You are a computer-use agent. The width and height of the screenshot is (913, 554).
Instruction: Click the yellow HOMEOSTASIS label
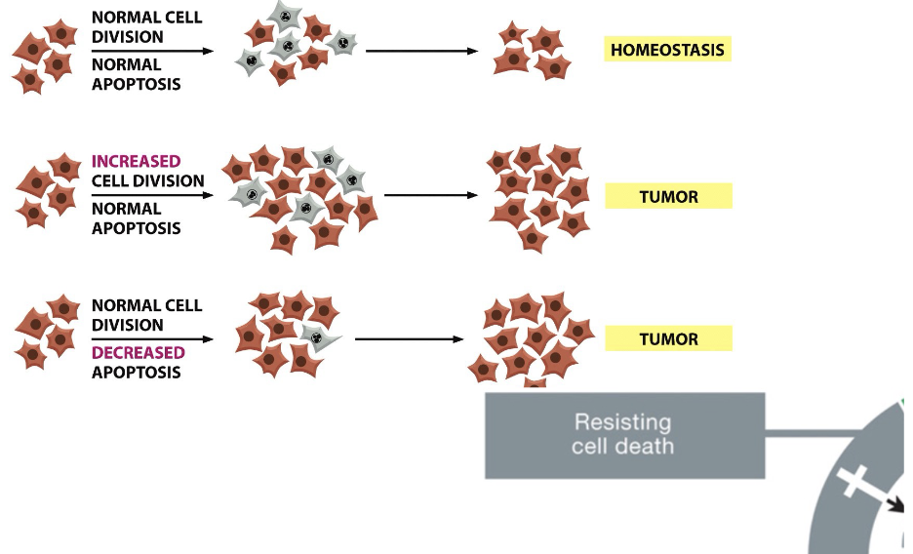pos(667,50)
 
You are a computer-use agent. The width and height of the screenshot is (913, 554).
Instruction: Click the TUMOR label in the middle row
pos(668,196)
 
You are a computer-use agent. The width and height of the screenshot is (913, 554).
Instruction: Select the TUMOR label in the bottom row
pos(668,338)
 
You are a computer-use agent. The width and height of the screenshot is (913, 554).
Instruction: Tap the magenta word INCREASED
pos(137,161)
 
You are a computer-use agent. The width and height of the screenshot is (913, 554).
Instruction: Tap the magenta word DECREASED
pos(139,353)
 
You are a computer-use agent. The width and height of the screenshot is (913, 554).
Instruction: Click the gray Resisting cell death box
pos(625,435)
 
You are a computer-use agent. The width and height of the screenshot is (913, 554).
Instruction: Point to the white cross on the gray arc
pos(852,481)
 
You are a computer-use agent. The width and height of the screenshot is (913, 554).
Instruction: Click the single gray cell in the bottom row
pos(319,336)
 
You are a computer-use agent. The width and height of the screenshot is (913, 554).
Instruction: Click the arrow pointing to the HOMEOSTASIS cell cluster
pos(421,52)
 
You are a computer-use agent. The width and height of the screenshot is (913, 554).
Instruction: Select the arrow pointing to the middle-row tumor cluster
pos(431,195)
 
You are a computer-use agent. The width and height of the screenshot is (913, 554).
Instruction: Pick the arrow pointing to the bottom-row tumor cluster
pos(410,338)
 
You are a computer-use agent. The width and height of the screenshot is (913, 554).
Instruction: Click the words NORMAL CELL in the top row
pos(146,18)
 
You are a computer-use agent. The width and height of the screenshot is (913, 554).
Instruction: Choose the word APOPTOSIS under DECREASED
pos(137,373)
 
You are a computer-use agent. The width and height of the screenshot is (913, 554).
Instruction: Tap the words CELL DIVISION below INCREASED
pos(148,181)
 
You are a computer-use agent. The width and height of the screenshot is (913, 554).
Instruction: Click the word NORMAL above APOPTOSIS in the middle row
pos(127,209)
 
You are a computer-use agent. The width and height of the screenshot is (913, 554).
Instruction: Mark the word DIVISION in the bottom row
pos(128,325)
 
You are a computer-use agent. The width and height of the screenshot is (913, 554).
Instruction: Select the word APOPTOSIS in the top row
pos(137,84)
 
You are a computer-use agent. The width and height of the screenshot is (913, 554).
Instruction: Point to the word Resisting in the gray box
pos(622,422)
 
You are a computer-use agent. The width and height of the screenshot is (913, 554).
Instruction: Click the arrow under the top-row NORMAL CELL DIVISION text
pos(152,52)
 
